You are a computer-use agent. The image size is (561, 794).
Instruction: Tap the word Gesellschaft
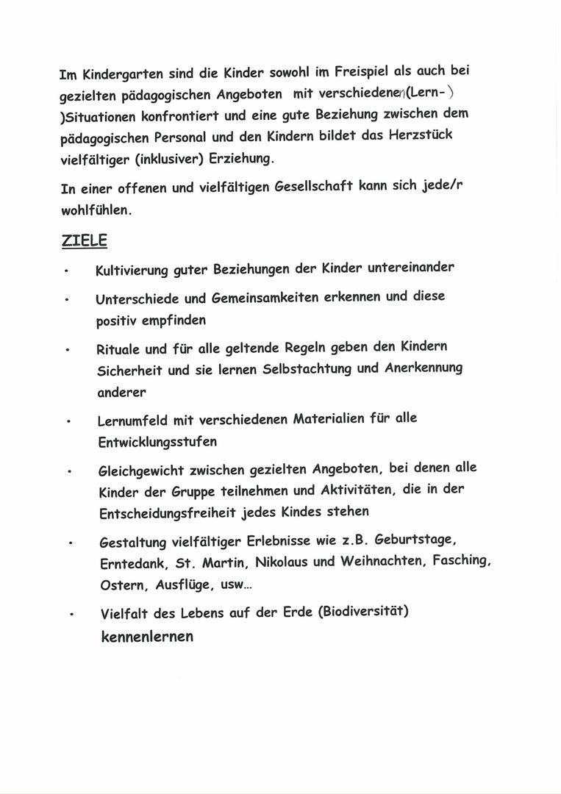[x=313, y=187]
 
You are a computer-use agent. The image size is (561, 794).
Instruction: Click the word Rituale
[x=118, y=349]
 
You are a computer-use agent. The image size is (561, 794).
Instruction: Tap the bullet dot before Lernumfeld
[x=68, y=423]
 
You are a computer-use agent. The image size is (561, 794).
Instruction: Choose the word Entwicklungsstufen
[x=157, y=443]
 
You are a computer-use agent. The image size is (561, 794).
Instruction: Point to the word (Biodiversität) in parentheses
[x=363, y=611]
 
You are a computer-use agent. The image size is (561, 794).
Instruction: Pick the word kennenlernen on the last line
[x=147, y=637]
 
